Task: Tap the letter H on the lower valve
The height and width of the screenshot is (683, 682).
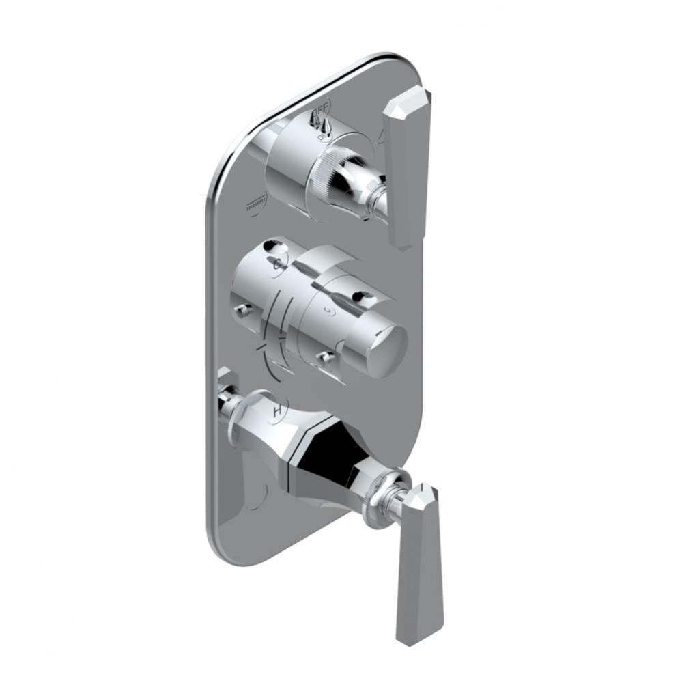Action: click(277, 412)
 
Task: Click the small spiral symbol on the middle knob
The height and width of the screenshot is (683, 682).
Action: click(330, 311)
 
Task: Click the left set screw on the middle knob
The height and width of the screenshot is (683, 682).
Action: click(241, 311)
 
